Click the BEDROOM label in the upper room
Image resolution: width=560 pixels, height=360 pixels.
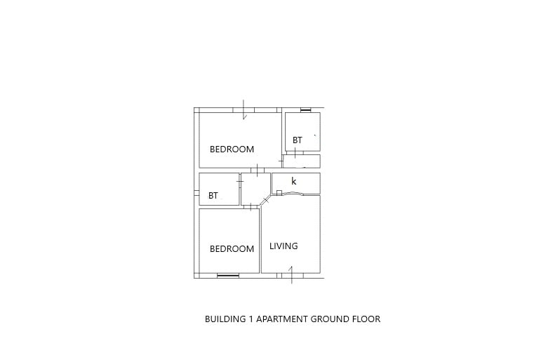tap(232, 149)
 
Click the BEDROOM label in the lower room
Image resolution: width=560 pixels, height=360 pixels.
tap(232, 248)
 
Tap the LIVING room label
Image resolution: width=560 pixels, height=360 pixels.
tap(284, 246)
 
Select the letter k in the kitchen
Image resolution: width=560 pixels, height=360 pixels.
tap(293, 181)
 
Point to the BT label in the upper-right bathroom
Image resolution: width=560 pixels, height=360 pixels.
tap(297, 140)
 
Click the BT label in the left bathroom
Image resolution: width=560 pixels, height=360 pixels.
tap(213, 195)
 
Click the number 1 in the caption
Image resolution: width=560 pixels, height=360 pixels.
tap(251, 319)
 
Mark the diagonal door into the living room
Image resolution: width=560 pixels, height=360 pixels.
tap(266, 200)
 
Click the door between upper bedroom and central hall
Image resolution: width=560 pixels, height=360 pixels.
tap(257, 169)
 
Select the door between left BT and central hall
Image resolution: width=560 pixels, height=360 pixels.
tap(240, 182)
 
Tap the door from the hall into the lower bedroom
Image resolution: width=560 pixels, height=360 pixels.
tap(251, 207)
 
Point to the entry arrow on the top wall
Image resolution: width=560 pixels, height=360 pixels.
tap(244, 109)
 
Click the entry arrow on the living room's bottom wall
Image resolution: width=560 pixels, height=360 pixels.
tap(292, 274)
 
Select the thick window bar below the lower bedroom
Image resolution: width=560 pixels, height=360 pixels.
tap(228, 275)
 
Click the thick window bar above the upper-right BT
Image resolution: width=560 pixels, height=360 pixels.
tap(305, 110)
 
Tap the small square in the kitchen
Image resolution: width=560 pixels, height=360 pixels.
tap(279, 193)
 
